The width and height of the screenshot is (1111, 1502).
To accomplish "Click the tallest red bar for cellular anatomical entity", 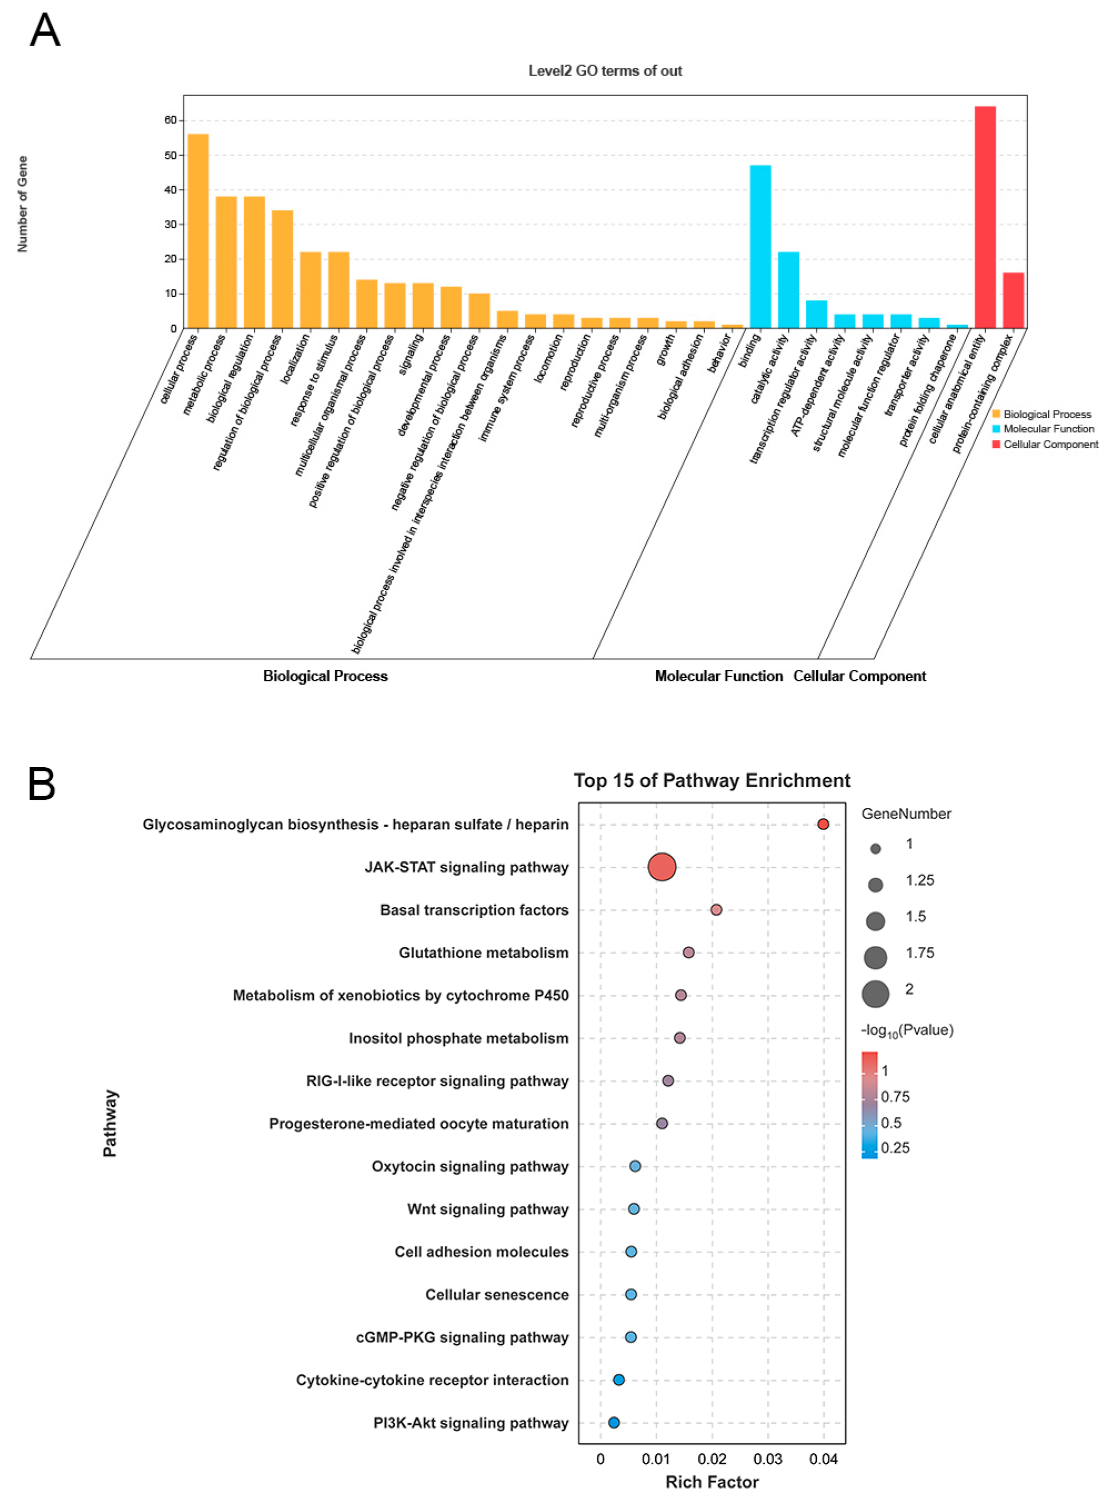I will click(984, 217).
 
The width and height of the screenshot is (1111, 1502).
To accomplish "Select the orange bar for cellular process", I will click(198, 231).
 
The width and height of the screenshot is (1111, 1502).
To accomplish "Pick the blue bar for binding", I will click(760, 246).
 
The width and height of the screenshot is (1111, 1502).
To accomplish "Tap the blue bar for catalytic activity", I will click(788, 290).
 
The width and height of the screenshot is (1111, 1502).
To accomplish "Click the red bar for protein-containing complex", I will click(1013, 300).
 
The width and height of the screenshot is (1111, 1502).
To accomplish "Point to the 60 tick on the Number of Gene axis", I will click(170, 121).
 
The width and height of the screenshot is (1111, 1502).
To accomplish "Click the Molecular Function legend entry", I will click(1048, 428).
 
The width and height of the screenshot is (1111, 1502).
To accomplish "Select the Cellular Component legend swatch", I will click(996, 444).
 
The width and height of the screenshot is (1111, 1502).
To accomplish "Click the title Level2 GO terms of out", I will click(605, 71).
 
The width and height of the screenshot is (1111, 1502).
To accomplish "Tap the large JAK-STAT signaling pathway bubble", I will click(662, 867).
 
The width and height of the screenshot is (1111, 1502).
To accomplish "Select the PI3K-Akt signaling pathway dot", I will click(614, 1423).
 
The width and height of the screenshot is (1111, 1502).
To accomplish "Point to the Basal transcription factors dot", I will click(716, 910).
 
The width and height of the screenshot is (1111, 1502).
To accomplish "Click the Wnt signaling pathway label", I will click(487, 1209).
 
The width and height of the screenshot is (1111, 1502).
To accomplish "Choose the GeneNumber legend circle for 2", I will click(875, 993).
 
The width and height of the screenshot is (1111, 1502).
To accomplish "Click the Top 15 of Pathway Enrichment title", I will click(712, 781).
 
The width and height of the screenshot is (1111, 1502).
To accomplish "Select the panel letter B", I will click(41, 785).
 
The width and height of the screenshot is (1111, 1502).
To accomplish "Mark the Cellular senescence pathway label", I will click(496, 1295).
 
